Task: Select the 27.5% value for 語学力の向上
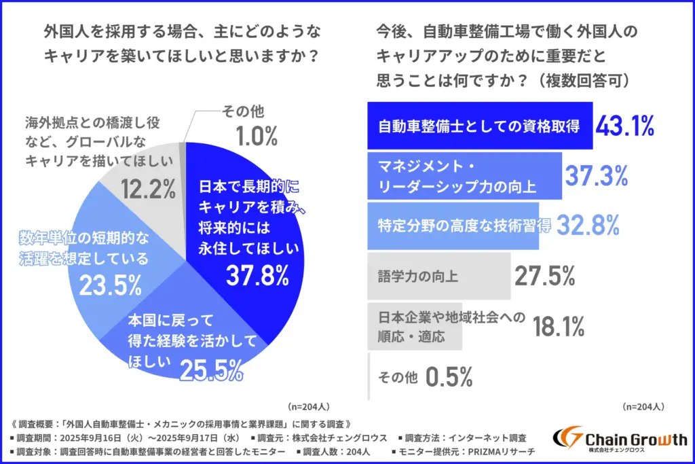tap(545, 276)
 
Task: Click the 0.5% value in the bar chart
tap(449, 376)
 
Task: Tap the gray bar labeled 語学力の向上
tap(438, 276)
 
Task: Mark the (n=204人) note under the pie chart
tap(309, 406)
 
